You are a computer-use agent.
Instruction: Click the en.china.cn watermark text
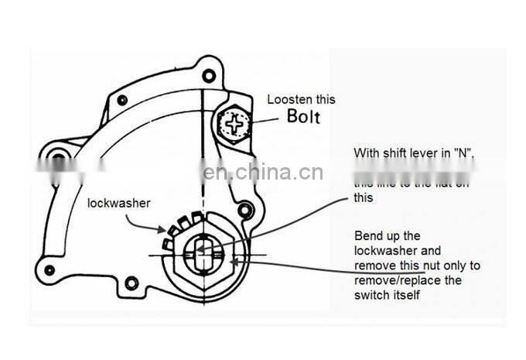click(x=263, y=172)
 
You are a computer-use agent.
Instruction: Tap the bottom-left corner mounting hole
click(x=50, y=269)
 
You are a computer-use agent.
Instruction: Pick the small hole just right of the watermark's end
click(x=245, y=210)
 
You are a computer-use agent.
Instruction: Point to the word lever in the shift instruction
click(x=424, y=153)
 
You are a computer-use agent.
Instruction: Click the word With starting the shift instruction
click(x=367, y=153)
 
